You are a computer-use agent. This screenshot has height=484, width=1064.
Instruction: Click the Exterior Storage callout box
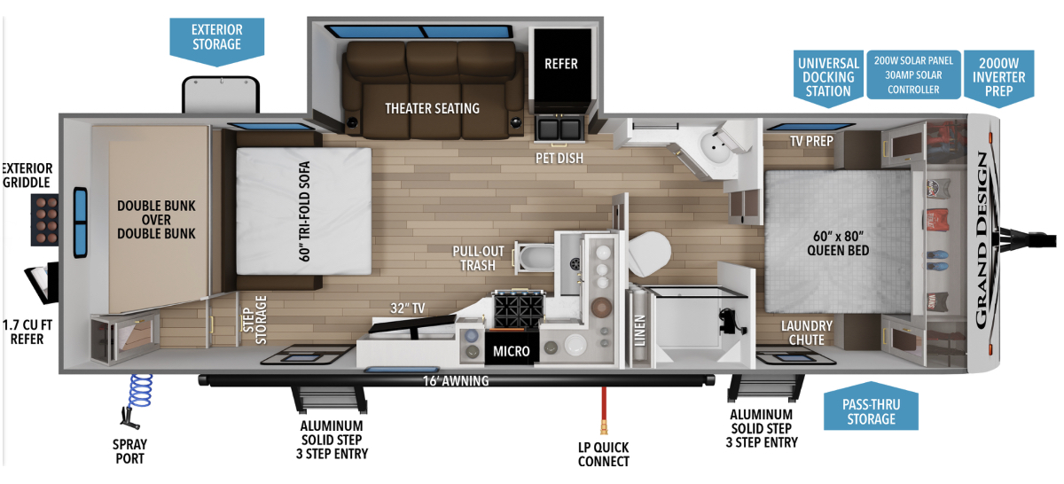pyautogui.click(x=217, y=37)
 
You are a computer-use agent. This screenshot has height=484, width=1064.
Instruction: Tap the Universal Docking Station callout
pyautogui.click(x=828, y=77)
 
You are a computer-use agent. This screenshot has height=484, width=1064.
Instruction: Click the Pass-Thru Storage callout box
pyautogui.click(x=871, y=410)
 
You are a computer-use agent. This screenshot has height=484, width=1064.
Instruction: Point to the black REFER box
pyautogui.click(x=560, y=64)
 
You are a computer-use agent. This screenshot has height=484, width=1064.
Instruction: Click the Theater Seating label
pyautogui.click(x=432, y=108)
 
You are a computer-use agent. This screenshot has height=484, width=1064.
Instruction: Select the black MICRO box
pyautogui.click(x=512, y=351)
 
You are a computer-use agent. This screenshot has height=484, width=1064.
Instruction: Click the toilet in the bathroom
pyautogui.click(x=651, y=254)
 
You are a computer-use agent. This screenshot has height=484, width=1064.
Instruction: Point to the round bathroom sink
pyautogui.click(x=715, y=144)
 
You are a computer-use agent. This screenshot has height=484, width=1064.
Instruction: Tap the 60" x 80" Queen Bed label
pyautogui.click(x=838, y=243)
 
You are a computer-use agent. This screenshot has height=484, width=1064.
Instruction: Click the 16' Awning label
pyautogui.click(x=455, y=381)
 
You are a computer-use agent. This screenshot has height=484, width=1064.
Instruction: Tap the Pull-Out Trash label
pyautogui.click(x=478, y=257)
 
